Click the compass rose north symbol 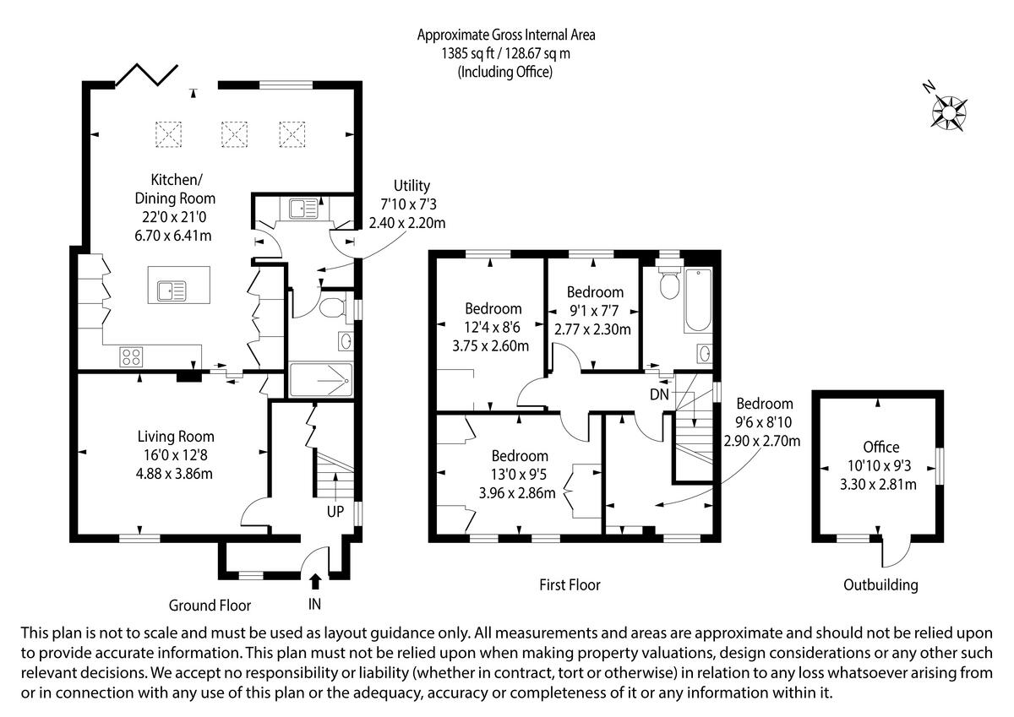tap(948, 111)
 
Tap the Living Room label tap(176, 437)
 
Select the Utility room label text tap(412, 186)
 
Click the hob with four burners tap(131, 357)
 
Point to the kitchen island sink tap(172, 291)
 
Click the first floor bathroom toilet tap(669, 283)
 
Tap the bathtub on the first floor tap(698, 300)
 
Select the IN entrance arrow tap(315, 581)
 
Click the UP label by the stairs tap(335, 512)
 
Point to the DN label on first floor tap(659, 394)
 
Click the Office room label tap(880, 447)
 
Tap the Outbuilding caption tap(880, 585)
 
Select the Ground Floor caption tap(210, 606)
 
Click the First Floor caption tap(570, 585)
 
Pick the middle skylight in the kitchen tap(235, 134)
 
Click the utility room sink tap(303, 209)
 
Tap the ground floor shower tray tap(320, 380)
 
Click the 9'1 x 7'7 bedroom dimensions tap(594, 311)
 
